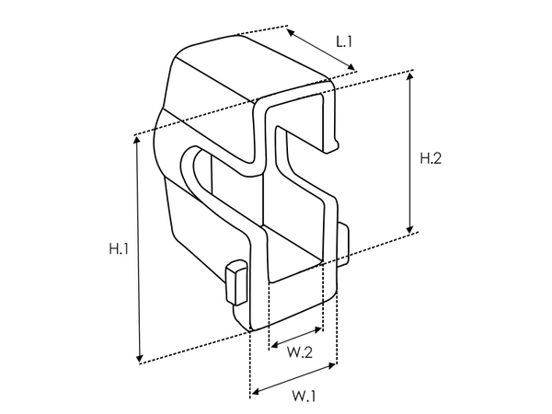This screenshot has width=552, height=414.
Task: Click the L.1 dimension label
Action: coord(345,41)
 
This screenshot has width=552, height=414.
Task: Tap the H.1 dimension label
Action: coord(119,248)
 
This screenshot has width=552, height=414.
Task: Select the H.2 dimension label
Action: coord(431,158)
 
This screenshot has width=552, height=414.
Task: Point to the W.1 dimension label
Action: coord(305,397)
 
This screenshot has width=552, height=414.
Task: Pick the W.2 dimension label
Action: coord(294,351)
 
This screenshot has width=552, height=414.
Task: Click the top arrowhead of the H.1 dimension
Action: coord(138,140)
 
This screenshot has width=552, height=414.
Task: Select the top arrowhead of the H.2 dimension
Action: coord(409,75)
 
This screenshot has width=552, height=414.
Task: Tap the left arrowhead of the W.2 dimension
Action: coord(270,346)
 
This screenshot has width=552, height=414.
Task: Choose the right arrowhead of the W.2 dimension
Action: coord(321,328)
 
